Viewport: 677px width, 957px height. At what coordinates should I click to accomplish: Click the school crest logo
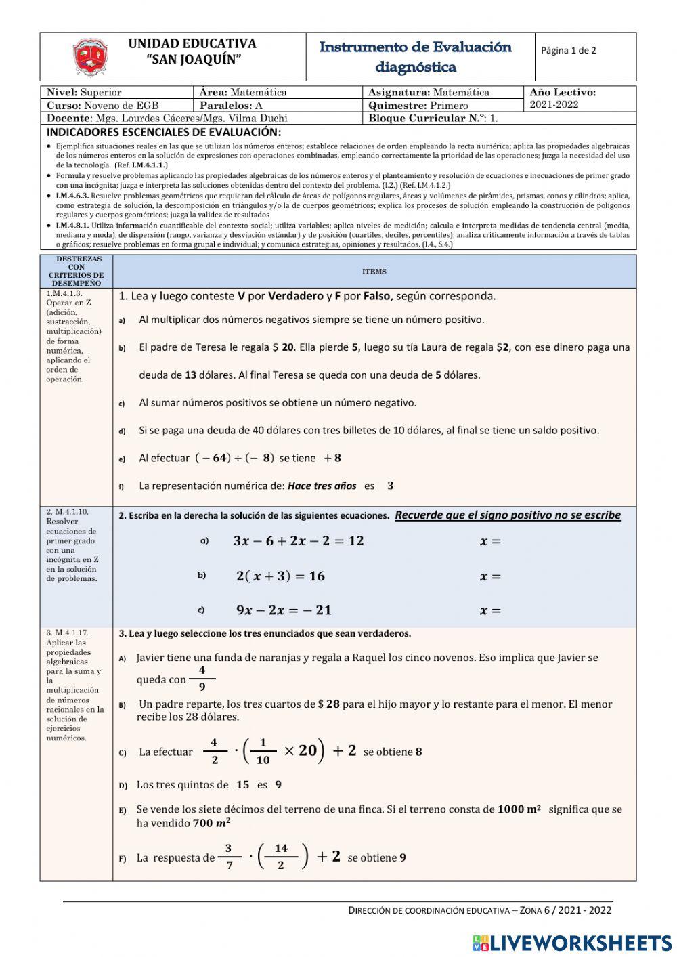pos(91,58)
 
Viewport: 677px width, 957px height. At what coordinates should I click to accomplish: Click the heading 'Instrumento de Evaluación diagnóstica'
pos(415,57)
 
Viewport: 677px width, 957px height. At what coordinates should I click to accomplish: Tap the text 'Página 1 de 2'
pos(569,50)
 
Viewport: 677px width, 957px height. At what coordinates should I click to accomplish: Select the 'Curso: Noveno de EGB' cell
pos(103,106)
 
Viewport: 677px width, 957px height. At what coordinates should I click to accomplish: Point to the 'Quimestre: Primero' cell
pos(418,106)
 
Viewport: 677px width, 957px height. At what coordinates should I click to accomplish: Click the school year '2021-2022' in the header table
pos(554,104)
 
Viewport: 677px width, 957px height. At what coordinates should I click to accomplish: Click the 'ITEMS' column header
pos(374,272)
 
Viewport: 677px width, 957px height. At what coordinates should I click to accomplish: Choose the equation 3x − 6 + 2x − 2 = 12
pos(298,540)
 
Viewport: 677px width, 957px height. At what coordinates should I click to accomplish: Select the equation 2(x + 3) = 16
pos(280,576)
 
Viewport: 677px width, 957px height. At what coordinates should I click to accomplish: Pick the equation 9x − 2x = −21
pos(284,610)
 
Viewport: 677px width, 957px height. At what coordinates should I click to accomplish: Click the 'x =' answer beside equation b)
pos(490,577)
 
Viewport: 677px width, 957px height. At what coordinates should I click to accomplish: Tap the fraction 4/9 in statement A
pos(202,678)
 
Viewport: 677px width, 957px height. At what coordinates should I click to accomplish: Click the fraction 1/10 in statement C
pos(263,751)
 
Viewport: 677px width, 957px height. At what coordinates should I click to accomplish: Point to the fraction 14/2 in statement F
pos(281,856)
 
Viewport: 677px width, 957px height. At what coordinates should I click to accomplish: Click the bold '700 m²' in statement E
pos(211,824)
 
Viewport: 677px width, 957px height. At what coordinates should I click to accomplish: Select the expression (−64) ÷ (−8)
pos(234,458)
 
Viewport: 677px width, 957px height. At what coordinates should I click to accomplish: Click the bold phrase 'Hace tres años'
pos(322,486)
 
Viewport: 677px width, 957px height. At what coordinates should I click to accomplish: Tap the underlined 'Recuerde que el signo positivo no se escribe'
pos(508,515)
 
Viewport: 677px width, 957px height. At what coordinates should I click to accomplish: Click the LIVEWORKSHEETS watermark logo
pos(572,942)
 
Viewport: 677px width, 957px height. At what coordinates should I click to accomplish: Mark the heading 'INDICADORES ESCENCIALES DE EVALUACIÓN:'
pos(163,132)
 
